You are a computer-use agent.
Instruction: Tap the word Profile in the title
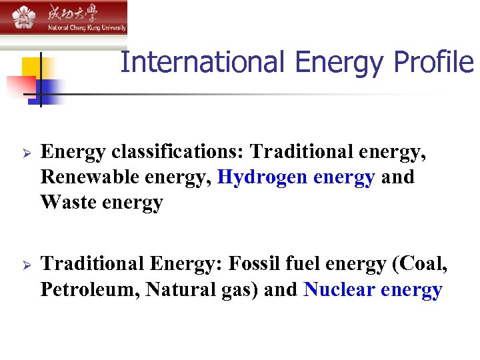pyautogui.click(x=433, y=63)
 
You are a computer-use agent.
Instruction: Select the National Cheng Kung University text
pyautogui.click(x=85, y=28)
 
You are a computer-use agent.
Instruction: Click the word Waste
pyautogui.click(x=69, y=202)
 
